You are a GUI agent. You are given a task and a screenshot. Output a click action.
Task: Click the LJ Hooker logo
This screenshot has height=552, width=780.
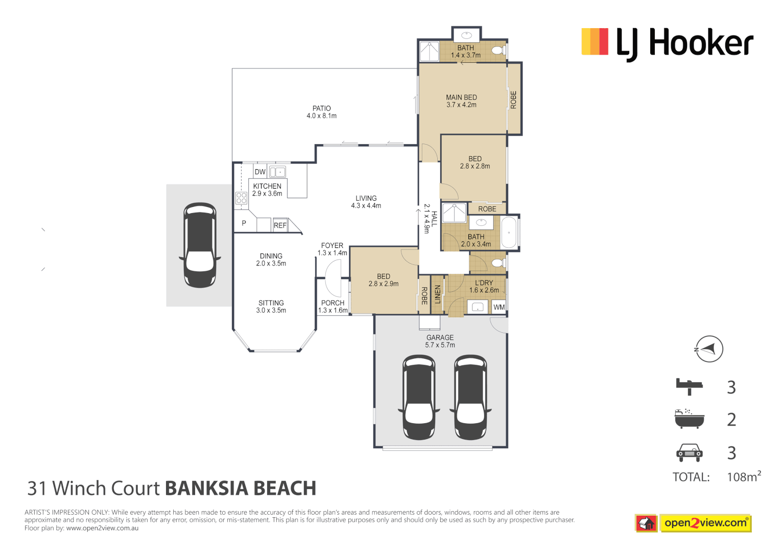667,43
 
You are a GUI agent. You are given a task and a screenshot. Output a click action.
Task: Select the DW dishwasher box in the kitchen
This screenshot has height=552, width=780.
260,172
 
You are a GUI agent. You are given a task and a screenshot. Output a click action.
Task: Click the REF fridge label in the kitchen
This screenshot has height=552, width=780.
280,225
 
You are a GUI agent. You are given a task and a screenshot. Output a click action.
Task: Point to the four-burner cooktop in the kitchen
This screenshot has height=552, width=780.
241,198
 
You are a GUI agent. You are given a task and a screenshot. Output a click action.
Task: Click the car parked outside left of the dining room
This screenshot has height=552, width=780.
200,245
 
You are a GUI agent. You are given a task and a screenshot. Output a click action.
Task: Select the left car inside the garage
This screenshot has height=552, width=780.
419,397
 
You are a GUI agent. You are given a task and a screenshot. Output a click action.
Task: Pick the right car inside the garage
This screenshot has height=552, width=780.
470,397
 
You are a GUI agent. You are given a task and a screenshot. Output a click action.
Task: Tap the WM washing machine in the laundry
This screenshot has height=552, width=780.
499,307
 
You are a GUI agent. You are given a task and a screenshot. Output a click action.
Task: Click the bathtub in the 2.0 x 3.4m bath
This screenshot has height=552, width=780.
509,233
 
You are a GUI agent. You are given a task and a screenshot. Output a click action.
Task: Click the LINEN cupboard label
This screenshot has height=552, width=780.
437,294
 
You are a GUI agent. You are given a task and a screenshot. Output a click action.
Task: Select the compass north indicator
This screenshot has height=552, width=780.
709,349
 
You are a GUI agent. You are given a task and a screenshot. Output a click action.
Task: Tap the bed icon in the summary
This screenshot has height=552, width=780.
689,386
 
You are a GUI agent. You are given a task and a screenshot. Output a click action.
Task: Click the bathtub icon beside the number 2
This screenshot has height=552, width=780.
689,419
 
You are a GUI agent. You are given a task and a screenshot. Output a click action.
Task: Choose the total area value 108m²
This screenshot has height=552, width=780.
743,477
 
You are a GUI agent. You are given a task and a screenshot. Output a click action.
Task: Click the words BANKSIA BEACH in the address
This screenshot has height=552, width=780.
241,489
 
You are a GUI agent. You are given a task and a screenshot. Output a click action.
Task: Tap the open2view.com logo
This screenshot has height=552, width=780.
705,523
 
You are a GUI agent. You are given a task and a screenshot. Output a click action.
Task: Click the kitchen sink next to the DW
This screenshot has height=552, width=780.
277,172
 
